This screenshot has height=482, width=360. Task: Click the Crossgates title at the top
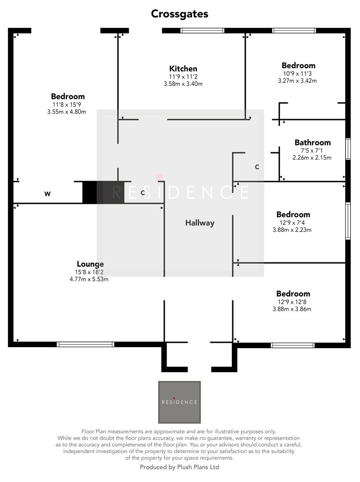[x=180, y=14]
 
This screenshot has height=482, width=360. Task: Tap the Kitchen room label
[x=183, y=69]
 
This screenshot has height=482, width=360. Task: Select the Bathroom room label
[x=313, y=143]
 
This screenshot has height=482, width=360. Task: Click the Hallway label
[x=200, y=223]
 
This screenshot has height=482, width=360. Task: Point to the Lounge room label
[x=90, y=264]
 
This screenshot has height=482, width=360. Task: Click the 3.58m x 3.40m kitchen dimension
[x=183, y=84]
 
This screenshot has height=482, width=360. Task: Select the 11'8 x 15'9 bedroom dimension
[x=67, y=104]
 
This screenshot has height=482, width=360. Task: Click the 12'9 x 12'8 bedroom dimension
[x=293, y=302]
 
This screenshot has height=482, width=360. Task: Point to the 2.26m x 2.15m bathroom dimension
[x=313, y=158]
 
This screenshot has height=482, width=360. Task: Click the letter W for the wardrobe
[x=47, y=194]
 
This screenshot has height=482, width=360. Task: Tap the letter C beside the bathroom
[x=257, y=167]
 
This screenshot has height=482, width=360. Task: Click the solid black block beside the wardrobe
[x=90, y=192]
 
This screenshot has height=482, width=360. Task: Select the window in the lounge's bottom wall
[x=85, y=344]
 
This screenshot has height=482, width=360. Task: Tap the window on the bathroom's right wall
[x=348, y=149]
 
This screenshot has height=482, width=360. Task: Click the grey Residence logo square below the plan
[x=180, y=402]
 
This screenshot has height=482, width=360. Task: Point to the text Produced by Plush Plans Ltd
[x=180, y=467]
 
